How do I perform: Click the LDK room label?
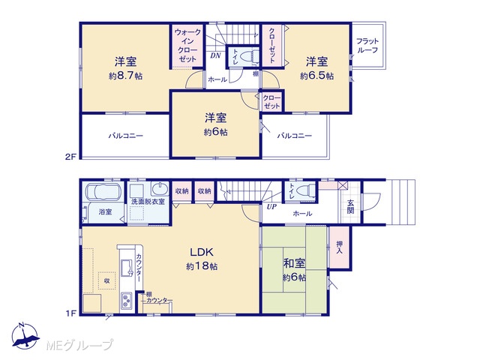(x=202, y=253)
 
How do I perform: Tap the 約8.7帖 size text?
(x=125, y=76)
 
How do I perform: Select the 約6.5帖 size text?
(x=316, y=76)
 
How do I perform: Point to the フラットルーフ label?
(x=367, y=46)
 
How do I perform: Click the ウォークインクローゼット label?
(x=187, y=45)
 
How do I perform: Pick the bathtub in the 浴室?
(x=103, y=192)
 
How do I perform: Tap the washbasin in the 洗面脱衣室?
(x=160, y=188)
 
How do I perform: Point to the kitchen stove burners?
(x=126, y=300)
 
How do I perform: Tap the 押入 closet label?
(x=340, y=247)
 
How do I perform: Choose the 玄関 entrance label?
(x=350, y=206)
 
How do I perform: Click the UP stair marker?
(x=271, y=207)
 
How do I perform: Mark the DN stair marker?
(x=215, y=55)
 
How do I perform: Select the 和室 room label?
(x=294, y=263)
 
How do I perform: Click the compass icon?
(x=25, y=336)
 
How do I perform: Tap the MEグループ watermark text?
(x=79, y=345)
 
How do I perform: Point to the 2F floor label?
(x=70, y=157)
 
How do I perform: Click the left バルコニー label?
(x=125, y=136)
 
